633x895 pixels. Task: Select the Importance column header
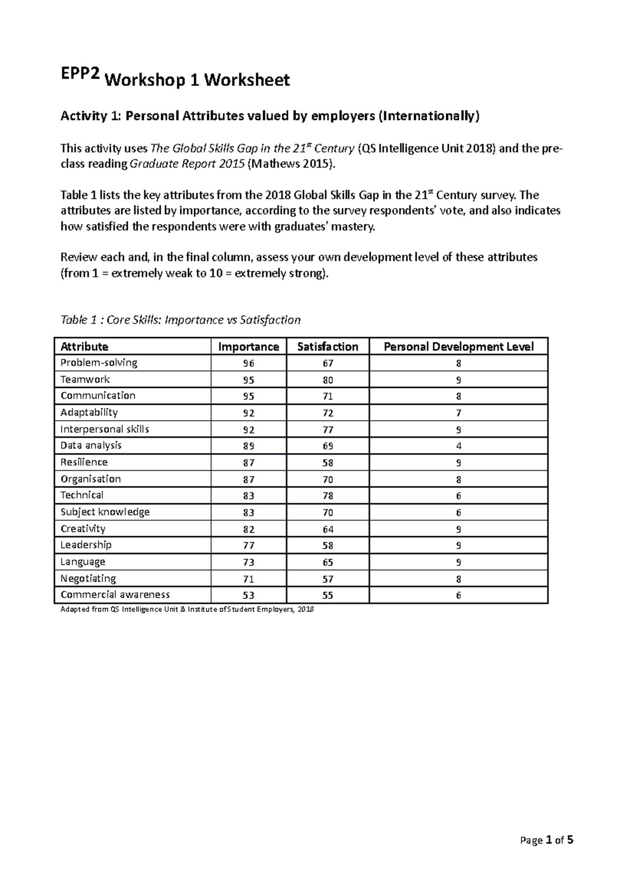248,347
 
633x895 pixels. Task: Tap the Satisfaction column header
328,347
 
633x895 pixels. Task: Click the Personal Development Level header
458,347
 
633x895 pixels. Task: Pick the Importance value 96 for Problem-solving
248,364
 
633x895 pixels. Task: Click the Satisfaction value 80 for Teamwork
328,380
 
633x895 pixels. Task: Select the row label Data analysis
91,445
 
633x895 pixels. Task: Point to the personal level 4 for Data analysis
458,446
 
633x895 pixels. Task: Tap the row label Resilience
84,462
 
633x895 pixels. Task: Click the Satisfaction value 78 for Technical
328,495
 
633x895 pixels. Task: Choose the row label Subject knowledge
105,512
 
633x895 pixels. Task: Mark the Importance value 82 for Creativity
248,529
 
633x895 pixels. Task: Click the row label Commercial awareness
115,595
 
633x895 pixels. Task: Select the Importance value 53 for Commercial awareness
248,596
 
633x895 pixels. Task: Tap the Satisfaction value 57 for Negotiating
328,579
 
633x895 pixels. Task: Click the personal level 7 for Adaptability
458,413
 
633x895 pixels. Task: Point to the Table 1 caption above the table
180,320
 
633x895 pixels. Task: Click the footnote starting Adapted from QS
187,609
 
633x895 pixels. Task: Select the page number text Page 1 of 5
546,840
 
